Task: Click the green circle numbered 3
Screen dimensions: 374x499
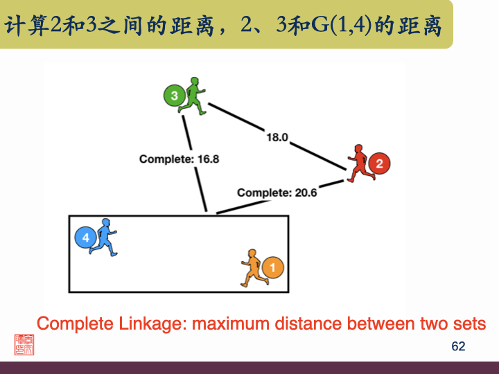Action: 175,95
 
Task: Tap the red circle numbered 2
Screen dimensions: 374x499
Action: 378,164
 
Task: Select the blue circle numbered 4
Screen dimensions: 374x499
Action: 85,238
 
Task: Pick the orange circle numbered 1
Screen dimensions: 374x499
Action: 273,267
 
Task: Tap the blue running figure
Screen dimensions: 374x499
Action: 105,237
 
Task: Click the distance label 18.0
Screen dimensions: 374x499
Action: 277,137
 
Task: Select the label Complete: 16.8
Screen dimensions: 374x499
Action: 179,159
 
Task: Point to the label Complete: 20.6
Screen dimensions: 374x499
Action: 277,193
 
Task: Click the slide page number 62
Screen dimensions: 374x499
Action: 458,346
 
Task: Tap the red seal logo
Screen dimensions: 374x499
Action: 24,344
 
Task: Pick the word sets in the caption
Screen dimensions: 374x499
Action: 469,323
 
